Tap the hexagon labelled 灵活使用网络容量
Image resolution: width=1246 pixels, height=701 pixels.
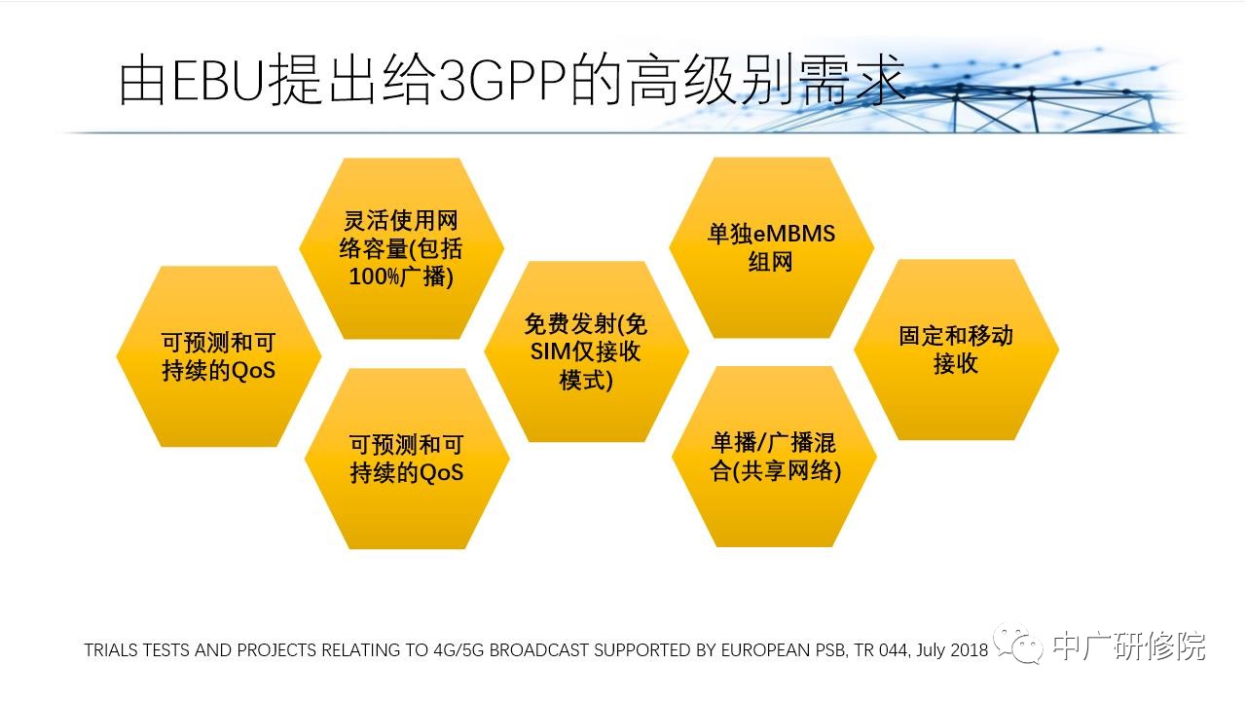pyautogui.click(x=402, y=248)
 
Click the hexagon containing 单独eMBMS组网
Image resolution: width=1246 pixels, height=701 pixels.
pyautogui.click(x=772, y=247)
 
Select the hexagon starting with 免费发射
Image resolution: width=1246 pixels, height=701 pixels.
pyautogui.click(x=587, y=351)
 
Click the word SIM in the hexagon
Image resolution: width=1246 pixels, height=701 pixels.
pyautogui.click(x=551, y=351)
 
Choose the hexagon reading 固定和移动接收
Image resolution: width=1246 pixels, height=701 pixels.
pyautogui.click(x=957, y=350)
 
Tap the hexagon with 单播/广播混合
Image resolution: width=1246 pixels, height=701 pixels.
pyautogui.click(x=774, y=457)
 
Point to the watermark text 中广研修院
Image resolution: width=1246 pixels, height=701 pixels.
pyautogui.click(x=1129, y=646)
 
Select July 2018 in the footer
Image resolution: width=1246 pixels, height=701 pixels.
pyautogui.click(x=952, y=649)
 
